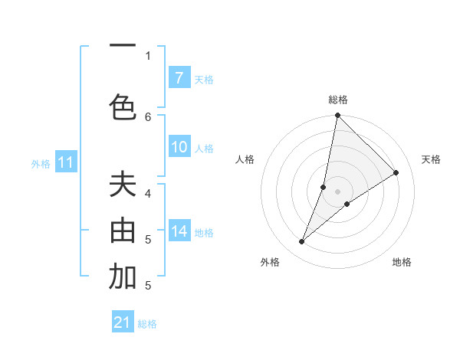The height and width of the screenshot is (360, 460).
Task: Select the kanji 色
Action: coord(123,106)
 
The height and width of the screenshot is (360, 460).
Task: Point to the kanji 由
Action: coord(123,231)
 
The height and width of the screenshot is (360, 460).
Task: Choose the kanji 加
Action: coord(123,277)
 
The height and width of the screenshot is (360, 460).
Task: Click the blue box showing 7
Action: coord(179,77)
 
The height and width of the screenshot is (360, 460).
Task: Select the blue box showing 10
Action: coord(179,147)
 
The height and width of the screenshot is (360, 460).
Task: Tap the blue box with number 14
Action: coord(179,231)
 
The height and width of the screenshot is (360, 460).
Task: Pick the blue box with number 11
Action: coord(65,162)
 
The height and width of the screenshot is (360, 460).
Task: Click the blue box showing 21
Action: coord(122,322)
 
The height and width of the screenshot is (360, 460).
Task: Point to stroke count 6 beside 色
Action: coord(148,116)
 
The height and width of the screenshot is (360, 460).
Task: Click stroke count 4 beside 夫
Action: coord(148,193)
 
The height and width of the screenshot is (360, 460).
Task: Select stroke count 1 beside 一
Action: coord(148,55)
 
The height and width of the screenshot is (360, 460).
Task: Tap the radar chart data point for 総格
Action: coord(337,115)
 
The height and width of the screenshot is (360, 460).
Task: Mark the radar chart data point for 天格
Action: coord(396,172)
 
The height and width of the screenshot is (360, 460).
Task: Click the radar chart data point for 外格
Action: coord(302,242)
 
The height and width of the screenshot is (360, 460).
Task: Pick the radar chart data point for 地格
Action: coord(347,203)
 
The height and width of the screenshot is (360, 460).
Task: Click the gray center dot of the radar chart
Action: coord(337,191)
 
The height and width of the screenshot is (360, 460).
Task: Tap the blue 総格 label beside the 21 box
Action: coord(147,324)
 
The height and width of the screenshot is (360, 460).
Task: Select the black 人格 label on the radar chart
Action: coord(245,159)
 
